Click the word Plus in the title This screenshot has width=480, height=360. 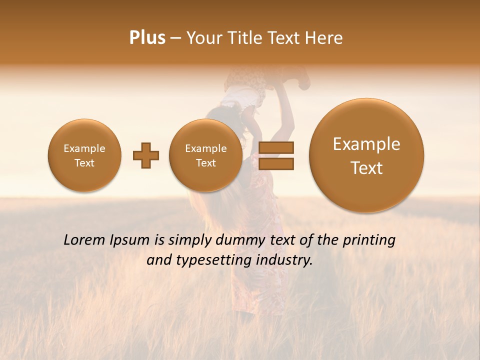pyautogui.click(x=147, y=38)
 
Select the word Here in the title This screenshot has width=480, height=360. pyautogui.click(x=324, y=38)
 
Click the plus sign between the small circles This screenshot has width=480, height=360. pyautogui.click(x=145, y=155)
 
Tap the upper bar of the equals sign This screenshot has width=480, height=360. pyautogui.click(x=276, y=148)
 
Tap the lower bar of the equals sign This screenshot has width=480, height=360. pyautogui.click(x=276, y=164)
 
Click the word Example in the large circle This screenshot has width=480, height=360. pyautogui.click(x=366, y=144)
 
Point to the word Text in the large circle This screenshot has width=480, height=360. pyautogui.click(x=366, y=168)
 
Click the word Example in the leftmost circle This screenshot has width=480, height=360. pyautogui.click(x=84, y=148)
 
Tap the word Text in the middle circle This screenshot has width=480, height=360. pyautogui.click(x=205, y=163)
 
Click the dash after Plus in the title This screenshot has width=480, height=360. pyautogui.click(x=175, y=38)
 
